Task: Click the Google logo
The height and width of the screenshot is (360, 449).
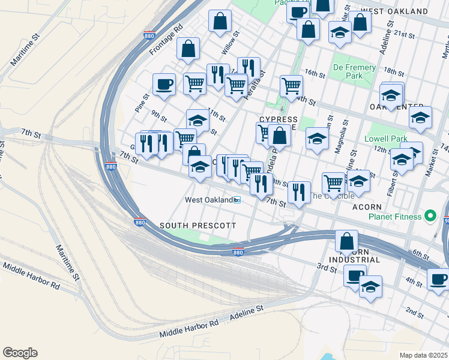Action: pos(20,353)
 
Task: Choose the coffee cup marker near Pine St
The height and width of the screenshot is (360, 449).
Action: pos(164,85)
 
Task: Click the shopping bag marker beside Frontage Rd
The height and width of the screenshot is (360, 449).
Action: pos(188,50)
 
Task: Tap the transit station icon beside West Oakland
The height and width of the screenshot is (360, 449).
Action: pos(237,200)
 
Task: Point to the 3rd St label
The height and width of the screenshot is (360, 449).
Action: pos(327,268)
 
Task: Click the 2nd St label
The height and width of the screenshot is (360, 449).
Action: pos(414,312)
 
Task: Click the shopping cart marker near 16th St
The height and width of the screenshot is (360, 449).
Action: pos(291,86)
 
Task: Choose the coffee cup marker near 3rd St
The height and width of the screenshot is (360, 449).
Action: pos(355,275)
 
